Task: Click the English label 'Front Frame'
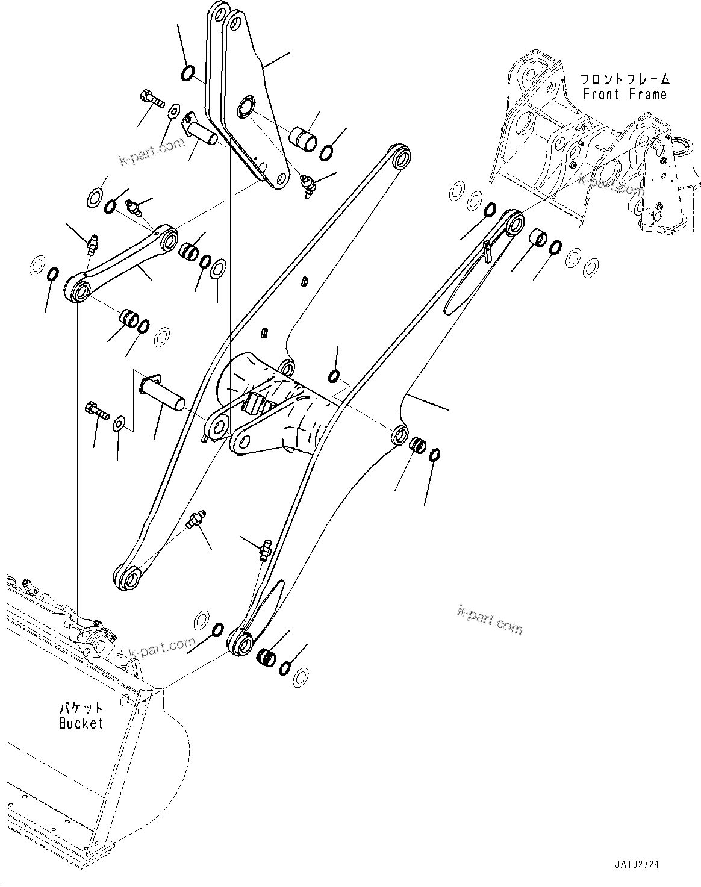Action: tap(625, 95)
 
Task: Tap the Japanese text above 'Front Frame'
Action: tap(625, 79)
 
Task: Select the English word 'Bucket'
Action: tap(81, 723)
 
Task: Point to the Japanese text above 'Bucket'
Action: tap(81, 709)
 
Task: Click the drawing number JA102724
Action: tap(637, 864)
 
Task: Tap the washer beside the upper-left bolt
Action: tap(175, 110)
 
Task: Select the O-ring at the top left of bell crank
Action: tap(187, 73)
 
